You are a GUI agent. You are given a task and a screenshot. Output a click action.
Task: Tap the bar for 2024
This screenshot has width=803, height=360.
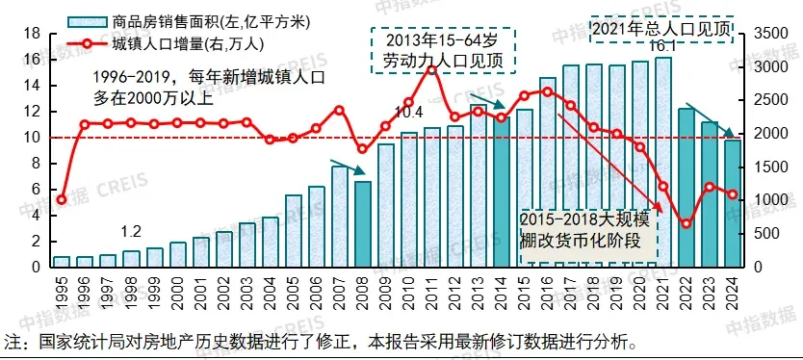[732, 203]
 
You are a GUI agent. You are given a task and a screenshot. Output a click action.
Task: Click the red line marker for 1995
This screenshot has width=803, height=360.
[62, 200]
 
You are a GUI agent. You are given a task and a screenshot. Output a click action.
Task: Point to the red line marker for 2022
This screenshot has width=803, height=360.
[686, 224]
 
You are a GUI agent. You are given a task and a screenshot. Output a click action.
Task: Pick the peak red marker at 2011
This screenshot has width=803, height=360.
[431, 69]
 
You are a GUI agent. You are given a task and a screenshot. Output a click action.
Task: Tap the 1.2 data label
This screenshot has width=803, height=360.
[131, 232]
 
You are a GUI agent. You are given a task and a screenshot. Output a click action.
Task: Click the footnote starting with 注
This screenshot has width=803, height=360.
[318, 342]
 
